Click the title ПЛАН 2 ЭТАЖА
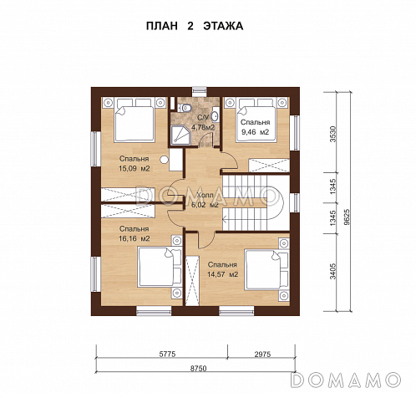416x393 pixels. coord(195,26)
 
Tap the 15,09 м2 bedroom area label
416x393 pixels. coord(134,164)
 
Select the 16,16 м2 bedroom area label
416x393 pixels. coord(134,234)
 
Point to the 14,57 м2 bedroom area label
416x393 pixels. coord(222,269)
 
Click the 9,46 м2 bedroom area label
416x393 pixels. coord(256,127)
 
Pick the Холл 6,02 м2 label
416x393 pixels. coord(205,200)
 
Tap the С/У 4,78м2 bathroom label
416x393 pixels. coord(203,123)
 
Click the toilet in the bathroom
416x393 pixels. coord(184,108)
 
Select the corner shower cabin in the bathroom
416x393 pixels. coord(180,135)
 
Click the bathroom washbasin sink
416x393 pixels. coord(216,115)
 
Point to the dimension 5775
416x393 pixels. coord(167,354)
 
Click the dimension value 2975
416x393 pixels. coord(262,354)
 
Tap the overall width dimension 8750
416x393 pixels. coord(199,369)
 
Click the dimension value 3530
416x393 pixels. coord(333,134)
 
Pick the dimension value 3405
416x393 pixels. coord(333,271)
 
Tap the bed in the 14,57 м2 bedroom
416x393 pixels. coord(267,270)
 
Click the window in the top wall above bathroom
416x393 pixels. coord(200,92)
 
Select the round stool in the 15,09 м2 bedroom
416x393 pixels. coord(165,160)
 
